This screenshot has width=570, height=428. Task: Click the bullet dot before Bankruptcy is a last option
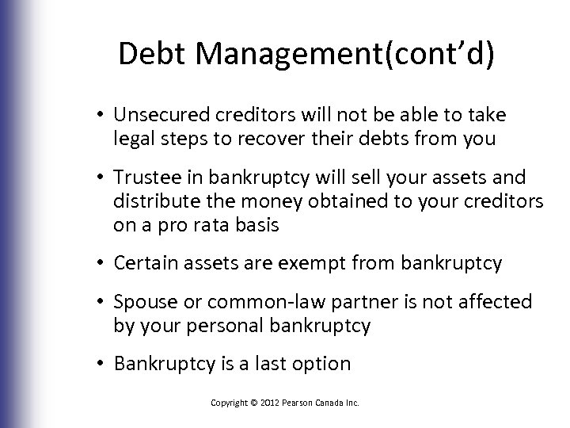pos(104,365)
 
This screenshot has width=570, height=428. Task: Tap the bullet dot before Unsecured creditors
pos(104,116)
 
